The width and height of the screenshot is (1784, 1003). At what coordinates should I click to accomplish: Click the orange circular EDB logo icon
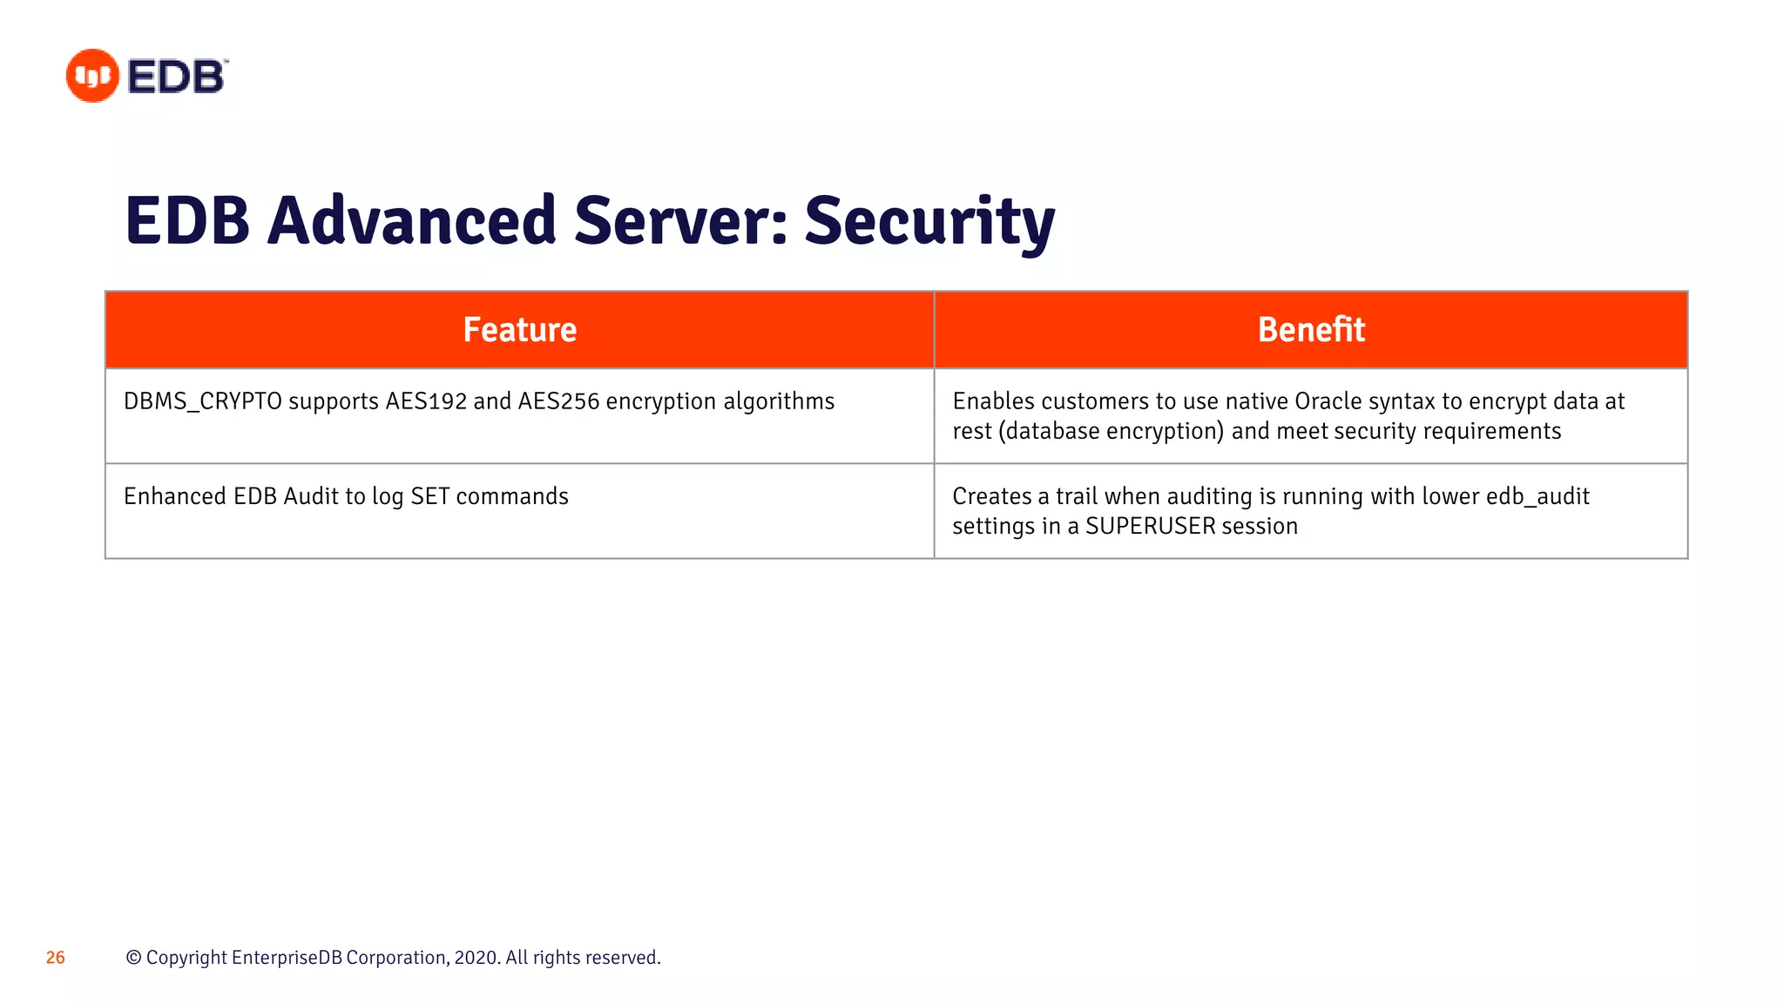pos(92,76)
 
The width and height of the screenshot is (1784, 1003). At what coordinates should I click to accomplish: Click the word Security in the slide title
pos(929,221)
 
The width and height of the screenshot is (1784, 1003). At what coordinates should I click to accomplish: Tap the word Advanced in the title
pos(411,221)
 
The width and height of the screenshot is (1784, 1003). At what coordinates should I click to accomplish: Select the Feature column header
pos(519,330)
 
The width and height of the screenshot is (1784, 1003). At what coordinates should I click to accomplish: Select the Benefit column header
pos(1311,330)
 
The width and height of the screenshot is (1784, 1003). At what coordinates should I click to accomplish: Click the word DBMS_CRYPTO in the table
pos(203,401)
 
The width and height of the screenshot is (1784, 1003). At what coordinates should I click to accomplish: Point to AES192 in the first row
pos(427,401)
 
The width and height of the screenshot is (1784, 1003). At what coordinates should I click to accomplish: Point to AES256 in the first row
pos(558,401)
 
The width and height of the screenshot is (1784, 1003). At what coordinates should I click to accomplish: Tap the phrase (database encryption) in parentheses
pos(1111,432)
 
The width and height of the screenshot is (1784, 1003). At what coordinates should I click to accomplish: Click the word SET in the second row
pos(429,496)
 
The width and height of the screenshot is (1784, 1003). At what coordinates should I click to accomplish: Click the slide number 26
pos(56,958)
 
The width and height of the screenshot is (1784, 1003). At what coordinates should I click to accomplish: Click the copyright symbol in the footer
pos(133,958)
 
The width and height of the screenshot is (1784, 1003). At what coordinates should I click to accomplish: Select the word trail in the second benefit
pos(1077,496)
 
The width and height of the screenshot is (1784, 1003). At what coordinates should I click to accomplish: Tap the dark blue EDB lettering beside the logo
pos(177,77)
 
